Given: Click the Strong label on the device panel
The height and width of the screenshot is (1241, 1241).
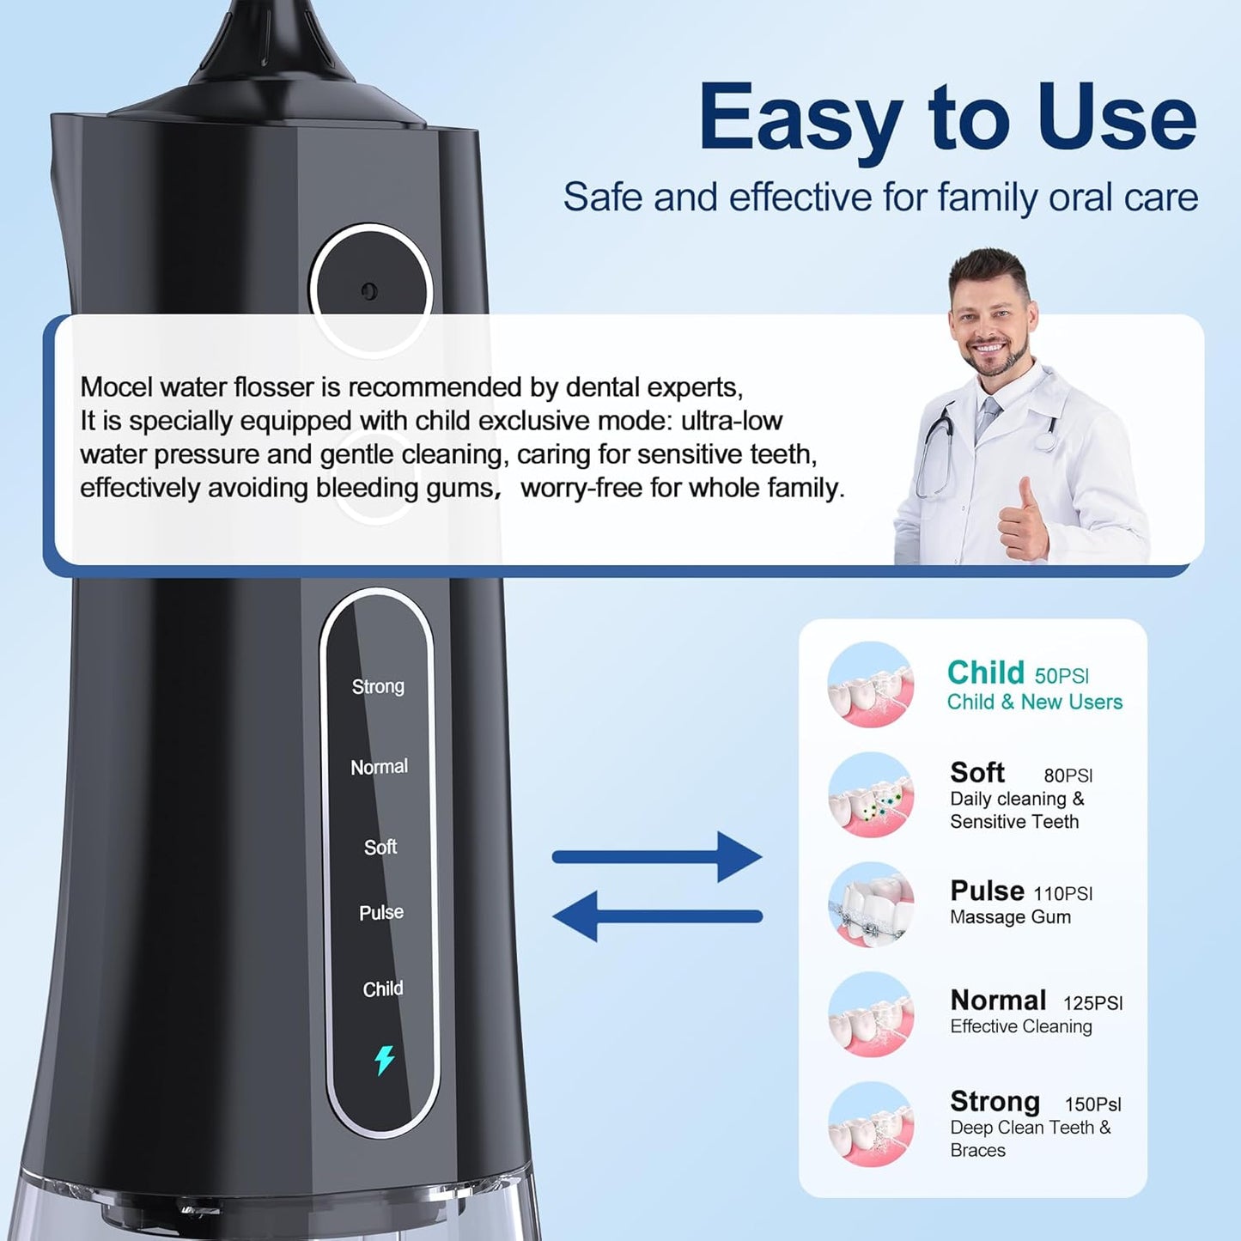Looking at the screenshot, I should click(378, 686).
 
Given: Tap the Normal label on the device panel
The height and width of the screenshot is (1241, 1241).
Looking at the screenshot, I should click(379, 767).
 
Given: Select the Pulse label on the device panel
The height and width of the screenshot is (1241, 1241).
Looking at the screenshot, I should click(380, 912).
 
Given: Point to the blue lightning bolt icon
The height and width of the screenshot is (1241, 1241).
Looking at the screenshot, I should click(384, 1061).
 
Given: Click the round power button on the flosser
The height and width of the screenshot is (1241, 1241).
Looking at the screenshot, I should click(370, 291).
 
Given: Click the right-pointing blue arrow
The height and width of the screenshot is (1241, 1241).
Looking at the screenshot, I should click(657, 856).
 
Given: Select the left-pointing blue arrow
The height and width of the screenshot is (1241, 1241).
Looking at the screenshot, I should click(657, 916).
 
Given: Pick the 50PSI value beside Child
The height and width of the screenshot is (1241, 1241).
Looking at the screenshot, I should click(1062, 675).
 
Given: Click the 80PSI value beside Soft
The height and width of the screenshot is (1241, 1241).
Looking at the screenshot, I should click(1068, 776).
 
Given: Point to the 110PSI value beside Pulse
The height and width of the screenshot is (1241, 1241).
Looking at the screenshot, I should click(1062, 894).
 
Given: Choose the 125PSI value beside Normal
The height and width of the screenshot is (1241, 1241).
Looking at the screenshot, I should click(1092, 1003).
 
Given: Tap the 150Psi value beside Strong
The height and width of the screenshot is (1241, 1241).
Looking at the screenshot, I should click(1092, 1104).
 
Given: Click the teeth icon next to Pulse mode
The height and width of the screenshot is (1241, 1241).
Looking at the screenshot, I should click(871, 905).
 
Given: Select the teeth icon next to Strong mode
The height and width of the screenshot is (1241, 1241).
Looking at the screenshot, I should click(871, 1123).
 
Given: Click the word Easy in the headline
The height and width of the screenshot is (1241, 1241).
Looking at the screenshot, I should click(800, 118).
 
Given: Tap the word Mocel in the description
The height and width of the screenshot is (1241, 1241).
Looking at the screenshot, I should click(116, 387).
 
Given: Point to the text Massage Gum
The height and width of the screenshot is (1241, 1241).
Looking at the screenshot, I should click(1010, 917).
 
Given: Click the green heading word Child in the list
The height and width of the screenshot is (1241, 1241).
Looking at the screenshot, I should click(985, 672).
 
